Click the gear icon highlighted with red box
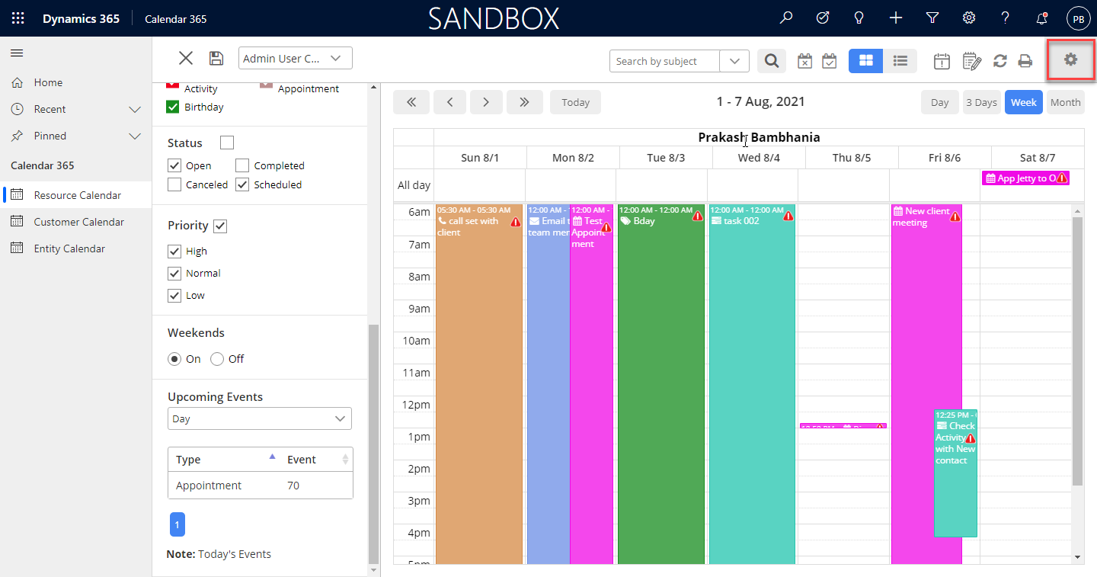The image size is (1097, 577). [1071, 59]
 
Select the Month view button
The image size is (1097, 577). [1065, 102]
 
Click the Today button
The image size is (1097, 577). [575, 102]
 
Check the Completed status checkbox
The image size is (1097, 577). [242, 165]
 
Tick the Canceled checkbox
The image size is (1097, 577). [174, 184]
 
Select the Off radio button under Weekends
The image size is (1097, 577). [217, 359]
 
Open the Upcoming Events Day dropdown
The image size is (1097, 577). [260, 418]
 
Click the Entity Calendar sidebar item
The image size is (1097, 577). [69, 248]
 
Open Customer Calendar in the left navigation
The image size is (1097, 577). [78, 222]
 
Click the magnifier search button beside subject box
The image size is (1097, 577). [772, 61]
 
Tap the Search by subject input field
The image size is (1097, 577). [664, 61]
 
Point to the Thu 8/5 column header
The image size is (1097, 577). [852, 158]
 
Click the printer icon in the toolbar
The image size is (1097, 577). [1025, 61]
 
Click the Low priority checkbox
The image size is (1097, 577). [174, 295]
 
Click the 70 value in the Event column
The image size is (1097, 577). [293, 486]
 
